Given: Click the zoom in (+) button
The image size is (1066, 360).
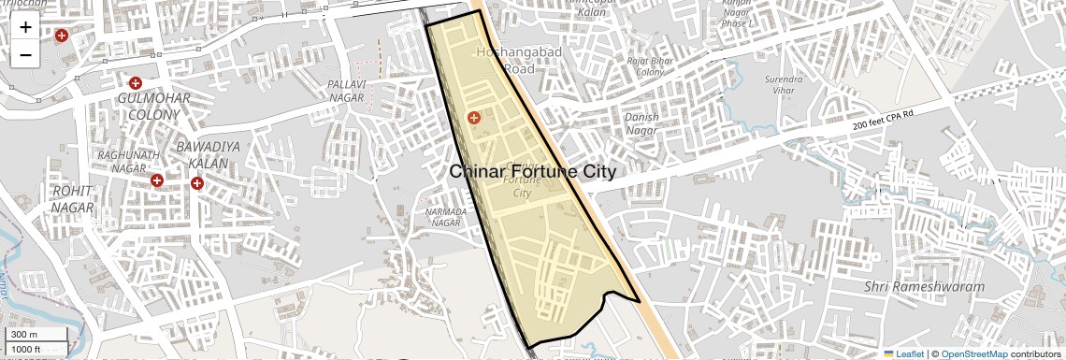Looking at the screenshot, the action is [25, 27].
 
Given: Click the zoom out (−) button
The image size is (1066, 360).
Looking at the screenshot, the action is [25, 55].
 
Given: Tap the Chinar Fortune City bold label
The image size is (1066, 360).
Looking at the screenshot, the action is [533, 172].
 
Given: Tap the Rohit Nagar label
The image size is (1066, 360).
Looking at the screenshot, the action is [73, 197].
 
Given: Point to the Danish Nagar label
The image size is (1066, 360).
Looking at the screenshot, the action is [641, 123].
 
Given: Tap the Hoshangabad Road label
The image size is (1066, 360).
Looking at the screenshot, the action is [520, 60].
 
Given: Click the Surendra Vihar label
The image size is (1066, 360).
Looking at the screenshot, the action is [784, 86].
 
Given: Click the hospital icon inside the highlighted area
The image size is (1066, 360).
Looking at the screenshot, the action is [474, 118].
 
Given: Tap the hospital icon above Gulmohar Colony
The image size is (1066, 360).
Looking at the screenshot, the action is [135, 83].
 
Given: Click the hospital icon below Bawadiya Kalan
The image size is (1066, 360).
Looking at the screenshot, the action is [197, 183].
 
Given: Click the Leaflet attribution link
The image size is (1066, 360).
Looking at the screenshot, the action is [903, 353].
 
